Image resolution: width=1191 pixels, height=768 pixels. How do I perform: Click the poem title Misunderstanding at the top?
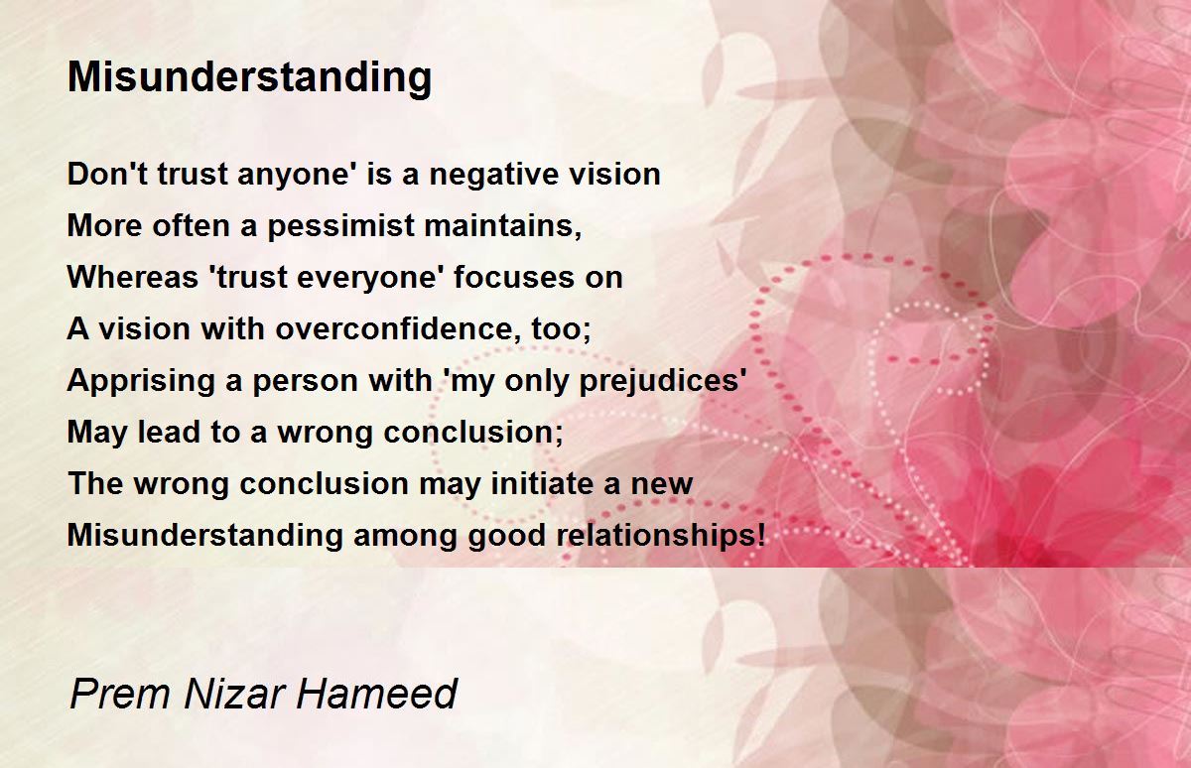click(249, 78)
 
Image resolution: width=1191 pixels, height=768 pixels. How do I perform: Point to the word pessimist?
click(340, 226)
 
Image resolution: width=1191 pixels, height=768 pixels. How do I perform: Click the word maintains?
click(502, 225)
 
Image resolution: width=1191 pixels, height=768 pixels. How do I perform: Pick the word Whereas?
click(132, 277)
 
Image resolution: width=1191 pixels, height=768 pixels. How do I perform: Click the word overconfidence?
click(398, 328)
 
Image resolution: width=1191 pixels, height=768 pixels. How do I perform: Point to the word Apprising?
click(140, 382)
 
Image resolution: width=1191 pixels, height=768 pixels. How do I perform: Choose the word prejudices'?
click(663, 382)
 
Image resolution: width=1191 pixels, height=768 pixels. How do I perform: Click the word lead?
click(169, 432)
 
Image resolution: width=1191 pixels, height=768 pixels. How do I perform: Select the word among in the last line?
click(405, 536)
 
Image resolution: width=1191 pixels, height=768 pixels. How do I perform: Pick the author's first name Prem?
click(120, 694)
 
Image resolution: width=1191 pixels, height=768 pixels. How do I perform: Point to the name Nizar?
click(234, 694)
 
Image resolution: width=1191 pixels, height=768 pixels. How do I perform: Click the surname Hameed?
click(376, 694)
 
